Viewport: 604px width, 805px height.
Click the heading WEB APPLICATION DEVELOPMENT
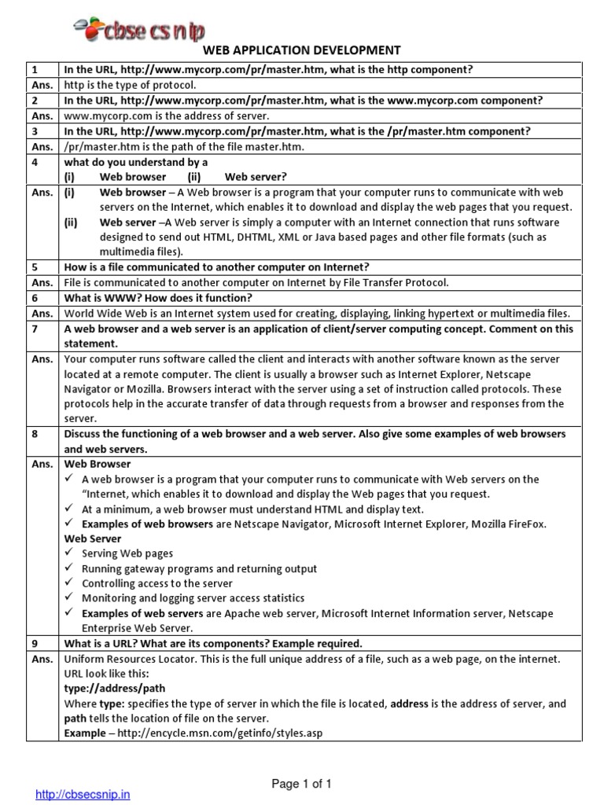click(x=302, y=50)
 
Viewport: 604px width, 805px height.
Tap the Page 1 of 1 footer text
click(x=302, y=783)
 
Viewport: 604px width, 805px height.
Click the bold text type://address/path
click(x=107, y=689)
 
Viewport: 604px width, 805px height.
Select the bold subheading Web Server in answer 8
click(x=93, y=539)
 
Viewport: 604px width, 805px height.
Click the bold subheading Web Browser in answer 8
click(x=97, y=464)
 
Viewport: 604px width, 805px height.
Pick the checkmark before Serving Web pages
click(x=71, y=553)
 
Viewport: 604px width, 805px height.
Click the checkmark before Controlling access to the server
click(x=71, y=583)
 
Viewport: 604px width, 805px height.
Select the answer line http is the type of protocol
click(x=130, y=85)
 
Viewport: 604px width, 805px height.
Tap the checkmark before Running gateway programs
click(x=71, y=568)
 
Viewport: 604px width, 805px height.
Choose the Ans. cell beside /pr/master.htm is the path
click(x=42, y=145)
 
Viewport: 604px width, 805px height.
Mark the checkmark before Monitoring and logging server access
click(x=71, y=598)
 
